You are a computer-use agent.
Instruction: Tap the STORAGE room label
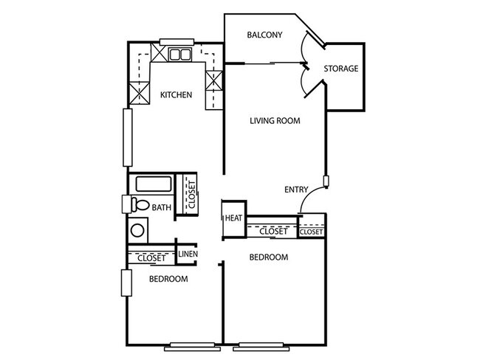[340, 69]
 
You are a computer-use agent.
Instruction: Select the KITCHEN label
[176, 94]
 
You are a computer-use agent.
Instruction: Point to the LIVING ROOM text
[274, 121]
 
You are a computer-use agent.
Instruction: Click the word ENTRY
[296, 190]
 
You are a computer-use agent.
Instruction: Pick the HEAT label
[233, 218]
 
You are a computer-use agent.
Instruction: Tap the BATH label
[162, 208]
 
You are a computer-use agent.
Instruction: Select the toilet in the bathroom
[138, 204]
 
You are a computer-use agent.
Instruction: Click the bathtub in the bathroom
[152, 184]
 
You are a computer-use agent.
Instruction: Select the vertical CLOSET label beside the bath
[189, 195]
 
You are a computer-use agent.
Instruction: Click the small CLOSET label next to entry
[311, 232]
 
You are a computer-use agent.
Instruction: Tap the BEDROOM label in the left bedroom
[168, 280]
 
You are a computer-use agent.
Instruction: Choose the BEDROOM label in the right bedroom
[267, 257]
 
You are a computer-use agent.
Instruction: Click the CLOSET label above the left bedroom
[151, 258]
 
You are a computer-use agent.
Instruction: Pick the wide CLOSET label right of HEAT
[272, 232]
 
